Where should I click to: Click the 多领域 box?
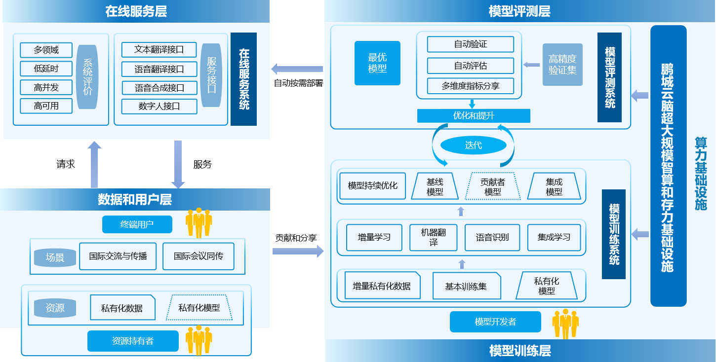coord(46,50)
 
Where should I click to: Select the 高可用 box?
coord(46,106)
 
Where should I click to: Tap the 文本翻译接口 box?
coord(159,50)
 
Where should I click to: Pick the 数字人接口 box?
coord(159,106)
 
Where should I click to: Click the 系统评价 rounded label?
coord(88,77)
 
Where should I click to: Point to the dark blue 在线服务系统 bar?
coord(243,79)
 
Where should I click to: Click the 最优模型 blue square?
coord(377,63)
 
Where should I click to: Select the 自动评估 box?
coord(471,66)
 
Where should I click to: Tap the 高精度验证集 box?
coord(562,65)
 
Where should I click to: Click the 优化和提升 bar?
coord(474,116)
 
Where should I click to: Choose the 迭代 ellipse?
coord(473,145)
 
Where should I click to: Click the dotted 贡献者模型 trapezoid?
coord(492,186)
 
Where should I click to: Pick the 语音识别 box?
coord(492,237)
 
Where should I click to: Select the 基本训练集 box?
coord(466,286)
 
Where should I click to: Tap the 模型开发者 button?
coord(495,322)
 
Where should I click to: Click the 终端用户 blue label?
coord(137,224)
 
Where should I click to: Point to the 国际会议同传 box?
coord(198,256)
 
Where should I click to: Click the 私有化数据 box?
coord(122,308)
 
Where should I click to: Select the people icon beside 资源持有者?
coord(199,340)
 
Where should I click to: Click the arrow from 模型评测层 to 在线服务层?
coord(297,69)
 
